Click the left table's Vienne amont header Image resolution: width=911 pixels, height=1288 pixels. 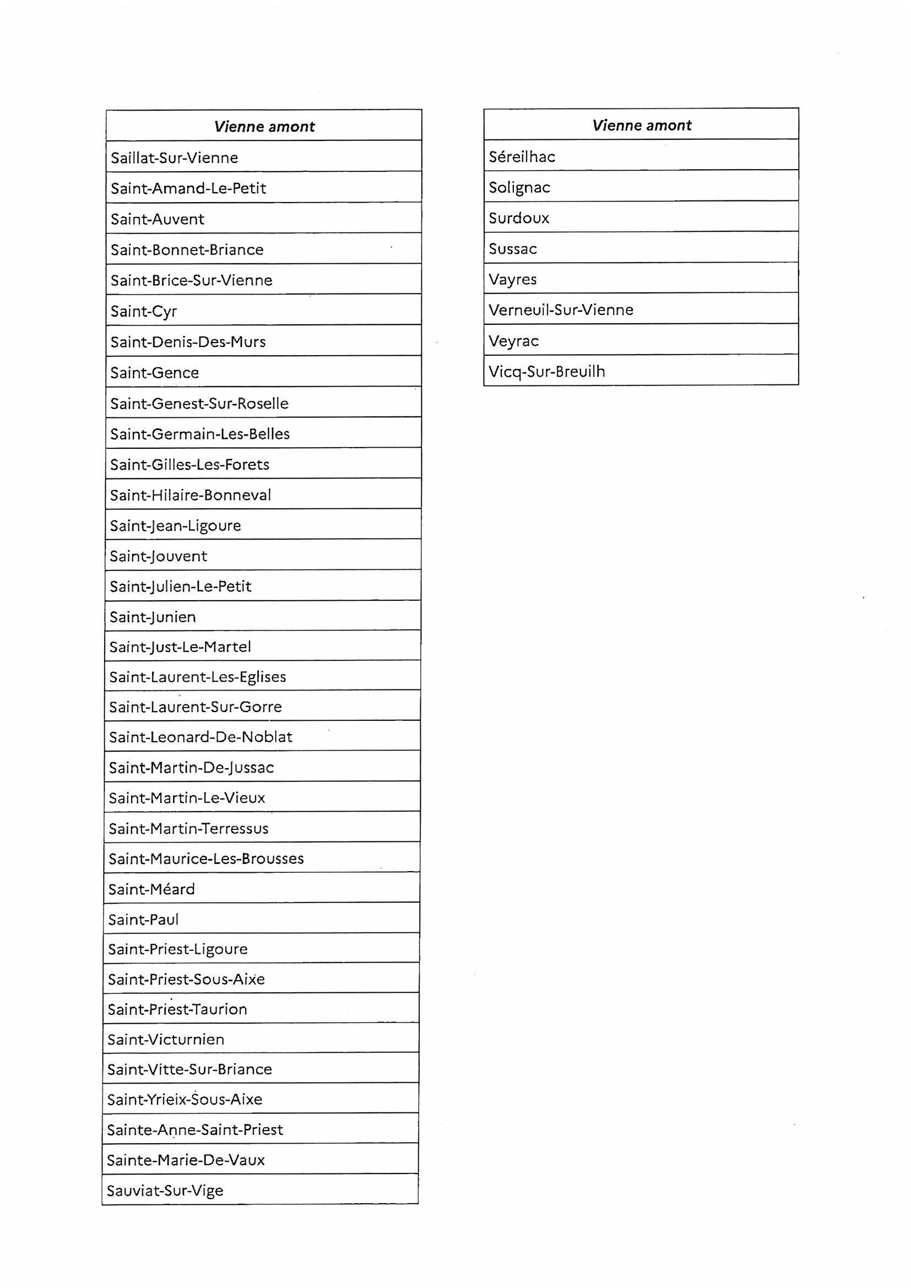264,126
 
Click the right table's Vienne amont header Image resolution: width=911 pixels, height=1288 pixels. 642,125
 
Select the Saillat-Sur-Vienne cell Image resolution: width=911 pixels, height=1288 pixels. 175,157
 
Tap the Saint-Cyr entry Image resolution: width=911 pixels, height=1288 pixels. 144,311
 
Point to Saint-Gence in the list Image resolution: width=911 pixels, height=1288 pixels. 155,372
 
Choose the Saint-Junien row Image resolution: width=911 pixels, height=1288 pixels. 153,617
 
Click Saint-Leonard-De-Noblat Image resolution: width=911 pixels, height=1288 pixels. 201,737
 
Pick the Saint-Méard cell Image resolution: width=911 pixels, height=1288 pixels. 151,889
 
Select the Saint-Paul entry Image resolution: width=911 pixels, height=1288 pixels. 144,920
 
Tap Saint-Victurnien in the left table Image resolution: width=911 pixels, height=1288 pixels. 166,1040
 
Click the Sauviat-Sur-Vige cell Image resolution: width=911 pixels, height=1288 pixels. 165,1191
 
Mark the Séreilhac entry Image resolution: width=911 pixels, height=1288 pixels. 522,156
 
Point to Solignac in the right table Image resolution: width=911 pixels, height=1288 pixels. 519,187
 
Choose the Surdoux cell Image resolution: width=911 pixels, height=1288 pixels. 519,218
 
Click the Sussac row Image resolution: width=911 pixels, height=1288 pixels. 513,248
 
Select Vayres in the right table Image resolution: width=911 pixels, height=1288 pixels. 513,279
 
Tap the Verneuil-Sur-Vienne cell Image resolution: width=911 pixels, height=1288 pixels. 561,309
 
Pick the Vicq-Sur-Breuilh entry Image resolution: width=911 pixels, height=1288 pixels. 547,371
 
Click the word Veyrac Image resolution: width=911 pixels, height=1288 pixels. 514,340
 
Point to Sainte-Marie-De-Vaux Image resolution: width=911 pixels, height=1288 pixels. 186,1160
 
